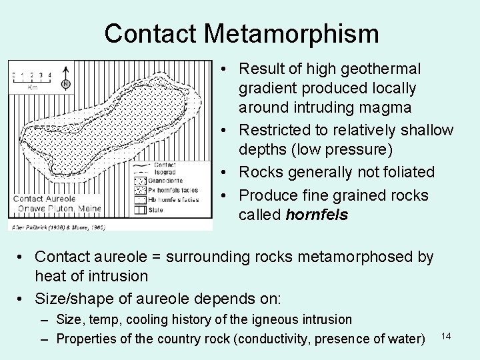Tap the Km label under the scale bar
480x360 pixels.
point(31,87)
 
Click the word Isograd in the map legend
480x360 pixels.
point(165,171)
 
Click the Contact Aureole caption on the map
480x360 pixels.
point(45,199)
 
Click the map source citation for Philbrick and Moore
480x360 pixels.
point(56,227)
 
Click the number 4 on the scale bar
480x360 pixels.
point(49,75)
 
